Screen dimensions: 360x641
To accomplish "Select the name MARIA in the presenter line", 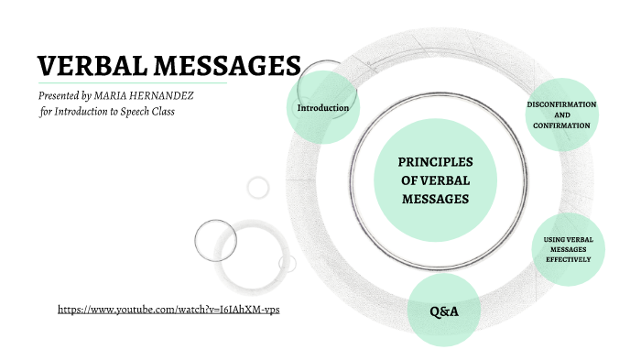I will coord(131,95).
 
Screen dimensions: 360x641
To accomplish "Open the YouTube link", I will coord(168,310).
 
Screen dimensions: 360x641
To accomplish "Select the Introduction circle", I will coord(323,108).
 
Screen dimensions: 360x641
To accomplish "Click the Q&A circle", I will coord(443,311).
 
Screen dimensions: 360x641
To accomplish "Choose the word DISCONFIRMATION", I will coord(561,104).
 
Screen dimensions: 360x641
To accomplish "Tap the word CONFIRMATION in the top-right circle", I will coord(561,125).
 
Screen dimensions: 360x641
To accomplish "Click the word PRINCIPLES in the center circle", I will coord(435,162).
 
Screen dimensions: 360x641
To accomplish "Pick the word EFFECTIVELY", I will coord(568,259).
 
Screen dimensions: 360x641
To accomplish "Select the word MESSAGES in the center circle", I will coord(436,198).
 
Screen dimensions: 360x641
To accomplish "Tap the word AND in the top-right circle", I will coord(561,115).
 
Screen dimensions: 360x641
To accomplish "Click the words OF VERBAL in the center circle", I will coord(436,180).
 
